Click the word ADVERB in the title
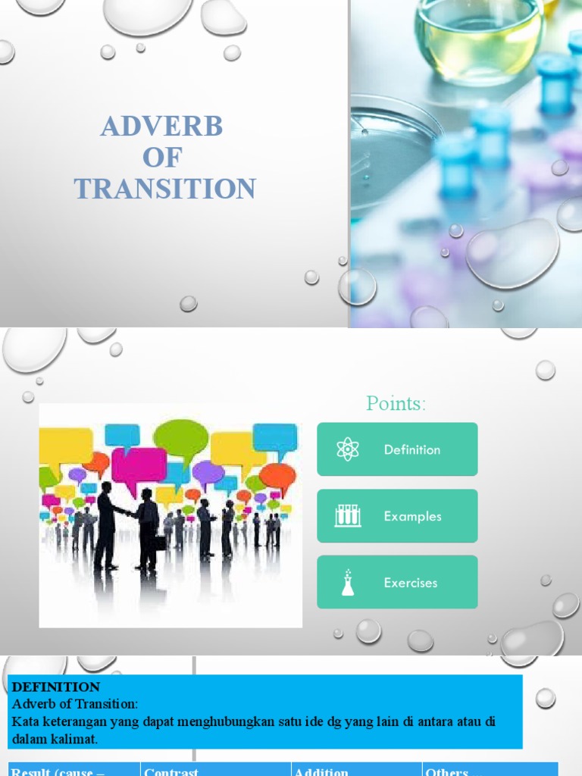[161, 127]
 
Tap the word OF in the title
[162, 158]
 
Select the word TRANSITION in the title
[164, 189]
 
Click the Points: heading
[396, 403]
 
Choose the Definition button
[397, 449]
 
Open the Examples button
[397, 516]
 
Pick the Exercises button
[397, 583]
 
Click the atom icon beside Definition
[347, 449]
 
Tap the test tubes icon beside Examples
[347, 516]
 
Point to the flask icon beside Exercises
[347, 583]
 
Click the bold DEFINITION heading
[56, 687]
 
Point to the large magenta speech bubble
[139, 465]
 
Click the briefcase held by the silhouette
[161, 543]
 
